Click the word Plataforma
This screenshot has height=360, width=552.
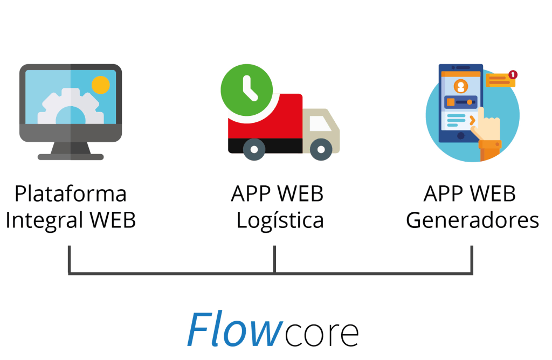(70, 194)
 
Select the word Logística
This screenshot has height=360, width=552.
(280, 220)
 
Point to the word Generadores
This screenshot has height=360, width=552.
(472, 220)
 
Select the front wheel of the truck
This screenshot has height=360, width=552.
(321, 149)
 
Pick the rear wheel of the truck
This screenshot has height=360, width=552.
(253, 149)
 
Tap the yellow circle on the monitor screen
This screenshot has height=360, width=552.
(101, 85)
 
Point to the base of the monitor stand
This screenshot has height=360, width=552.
(71, 157)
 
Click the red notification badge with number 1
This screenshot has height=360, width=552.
(513, 74)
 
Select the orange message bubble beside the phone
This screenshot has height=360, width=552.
(499, 81)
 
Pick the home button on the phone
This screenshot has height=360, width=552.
(460, 136)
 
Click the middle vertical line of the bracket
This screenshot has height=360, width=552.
(274, 259)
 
